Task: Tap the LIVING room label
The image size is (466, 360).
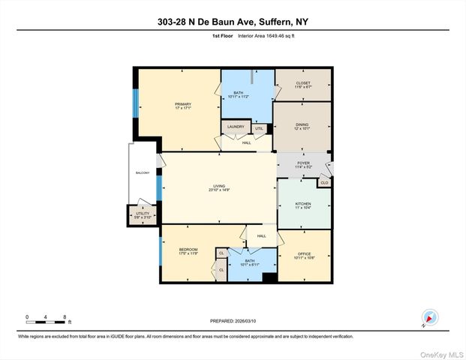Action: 219,187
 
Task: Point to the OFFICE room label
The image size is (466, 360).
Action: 305,254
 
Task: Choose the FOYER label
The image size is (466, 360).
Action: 303,162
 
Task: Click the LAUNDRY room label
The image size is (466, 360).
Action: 236,127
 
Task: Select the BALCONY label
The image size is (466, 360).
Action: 143,173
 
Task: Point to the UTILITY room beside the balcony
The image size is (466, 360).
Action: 143,214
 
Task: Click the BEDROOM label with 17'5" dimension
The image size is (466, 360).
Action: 188,250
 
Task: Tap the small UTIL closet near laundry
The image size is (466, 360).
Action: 259,128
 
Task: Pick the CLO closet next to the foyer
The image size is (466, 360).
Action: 324,182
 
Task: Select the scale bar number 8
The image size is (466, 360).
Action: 65,317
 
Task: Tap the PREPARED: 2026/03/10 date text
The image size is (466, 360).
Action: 233,321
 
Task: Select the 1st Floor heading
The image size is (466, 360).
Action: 222,35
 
